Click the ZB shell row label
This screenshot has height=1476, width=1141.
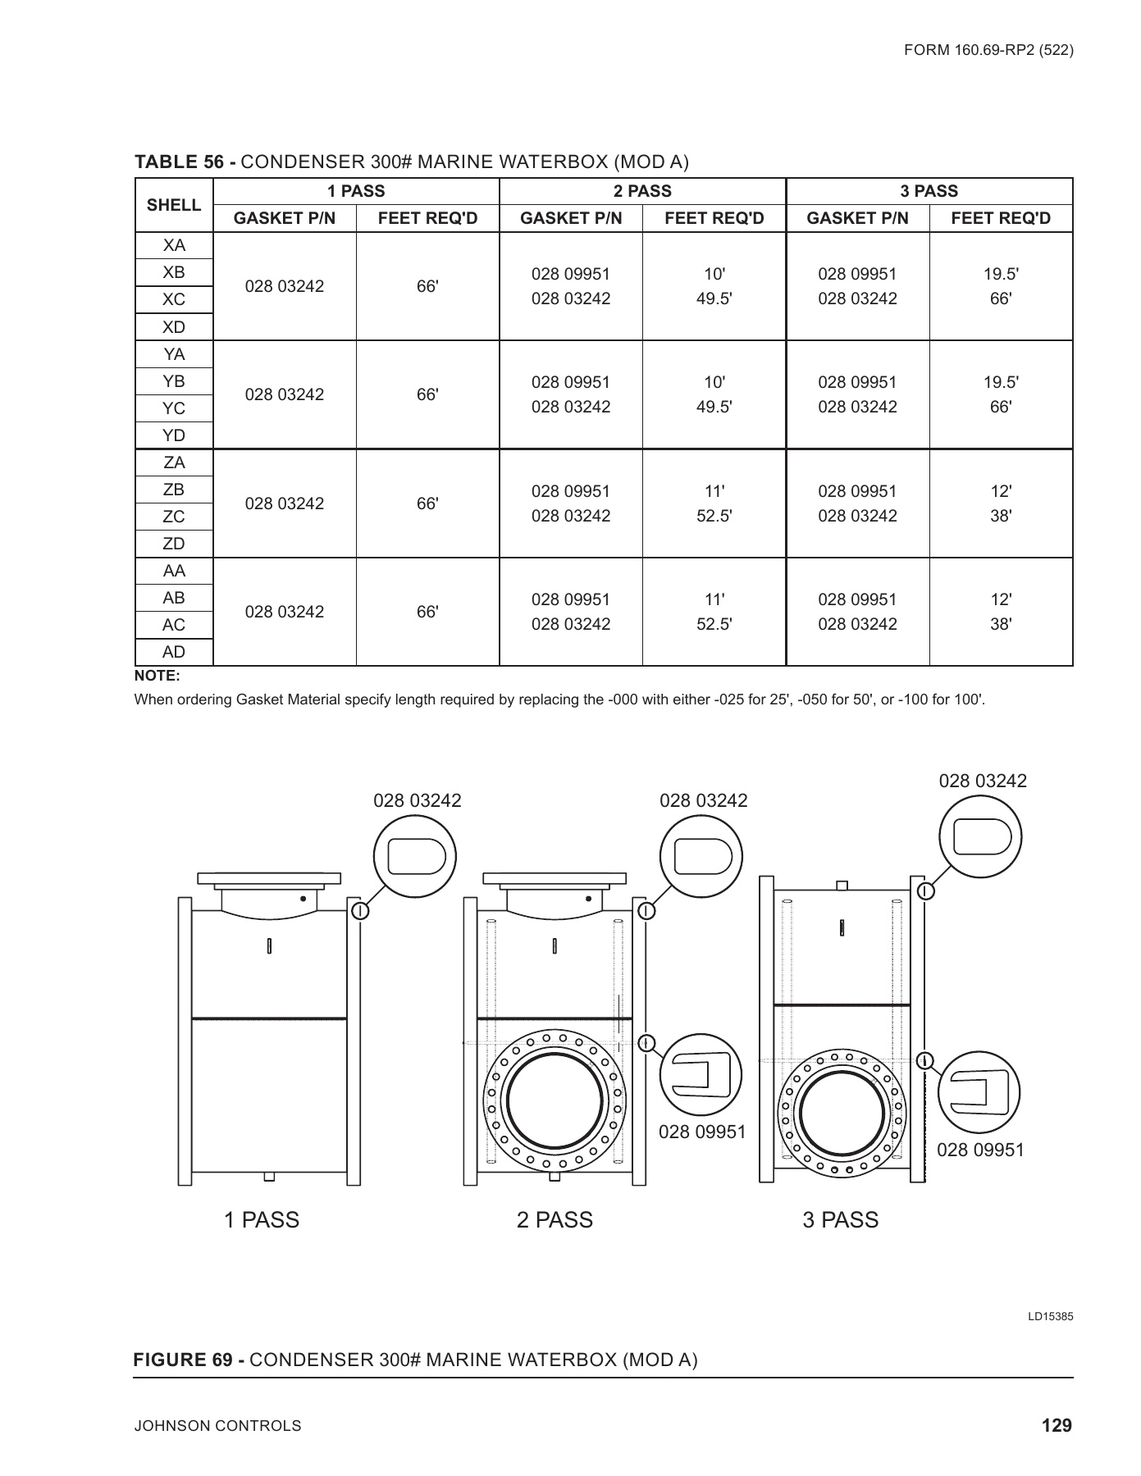click(174, 490)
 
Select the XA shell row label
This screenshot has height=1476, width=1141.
click(174, 245)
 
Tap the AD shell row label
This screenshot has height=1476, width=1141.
click(174, 652)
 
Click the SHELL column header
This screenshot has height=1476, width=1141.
click(174, 205)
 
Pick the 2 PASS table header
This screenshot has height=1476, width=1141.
click(642, 191)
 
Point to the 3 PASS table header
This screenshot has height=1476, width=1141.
click(929, 191)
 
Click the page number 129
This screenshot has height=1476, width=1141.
click(1057, 1425)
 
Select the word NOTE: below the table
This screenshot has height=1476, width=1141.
click(157, 676)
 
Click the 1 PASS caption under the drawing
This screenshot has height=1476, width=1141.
click(262, 1220)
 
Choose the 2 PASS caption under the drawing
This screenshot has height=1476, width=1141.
click(555, 1220)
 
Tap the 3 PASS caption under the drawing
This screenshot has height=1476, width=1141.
click(840, 1220)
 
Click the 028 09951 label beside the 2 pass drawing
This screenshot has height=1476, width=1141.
click(702, 1132)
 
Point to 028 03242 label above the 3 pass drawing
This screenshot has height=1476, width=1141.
click(983, 781)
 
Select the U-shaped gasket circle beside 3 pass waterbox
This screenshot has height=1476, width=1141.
click(979, 1091)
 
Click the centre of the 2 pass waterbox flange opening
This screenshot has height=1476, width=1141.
click(555, 1099)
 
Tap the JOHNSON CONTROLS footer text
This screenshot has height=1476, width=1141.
click(218, 1426)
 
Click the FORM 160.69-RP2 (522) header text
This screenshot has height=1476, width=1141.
click(988, 50)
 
